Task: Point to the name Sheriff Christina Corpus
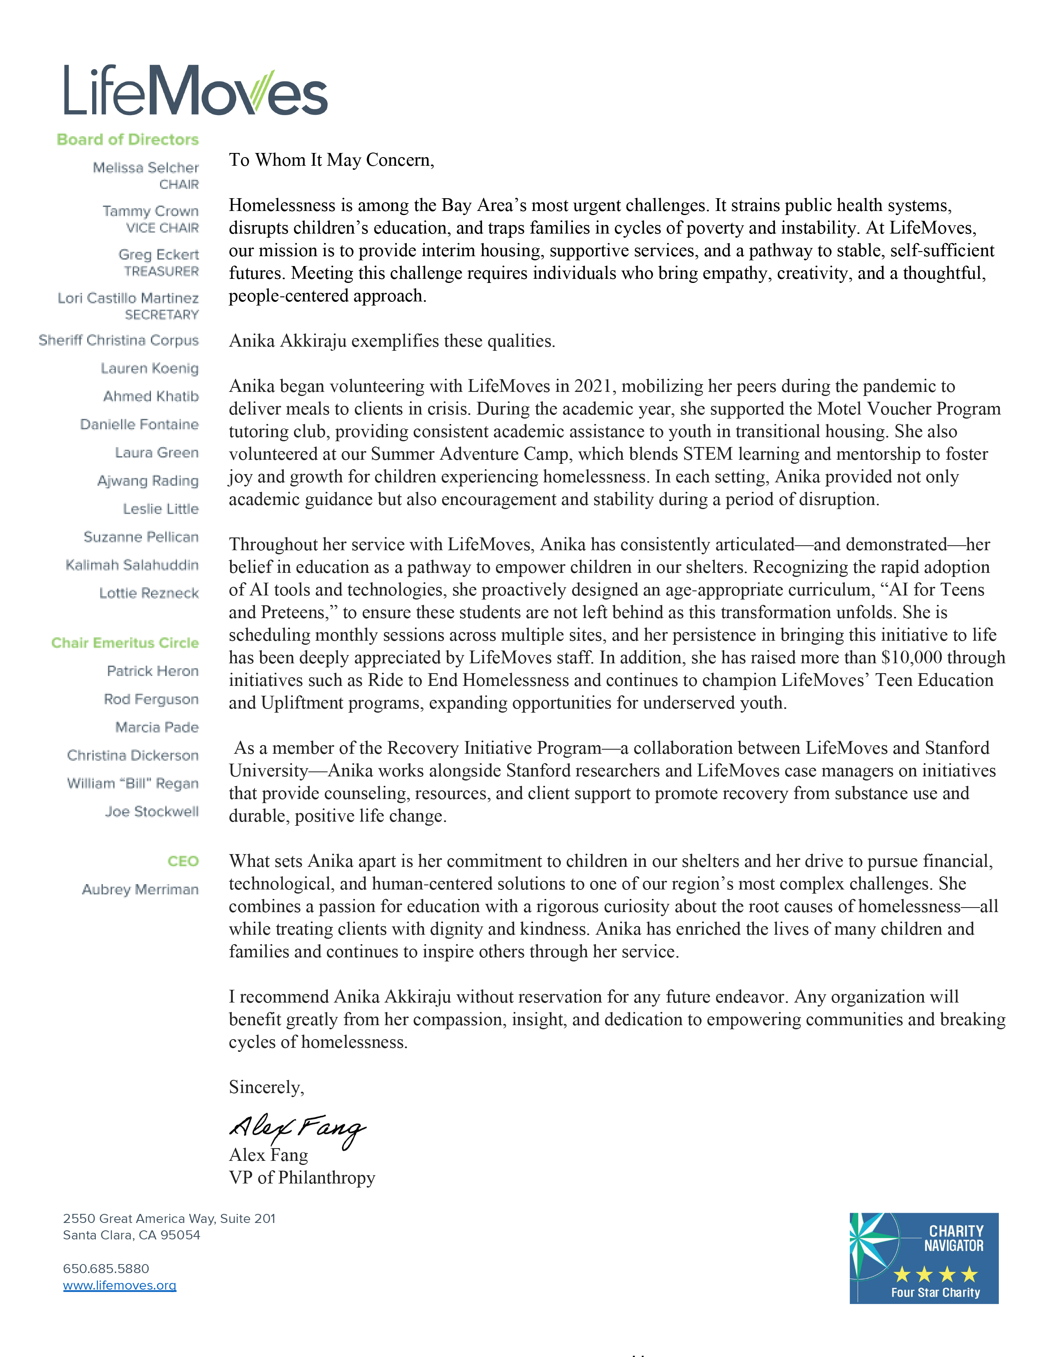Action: [x=118, y=340]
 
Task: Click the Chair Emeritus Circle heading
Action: [x=125, y=643]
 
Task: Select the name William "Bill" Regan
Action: [x=132, y=783]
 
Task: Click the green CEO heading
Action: [x=183, y=861]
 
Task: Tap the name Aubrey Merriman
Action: [x=140, y=890]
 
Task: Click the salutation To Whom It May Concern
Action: [x=331, y=160]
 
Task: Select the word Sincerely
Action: [x=266, y=1087]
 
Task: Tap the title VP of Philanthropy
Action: [x=302, y=1178]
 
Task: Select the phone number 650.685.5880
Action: [x=106, y=1269]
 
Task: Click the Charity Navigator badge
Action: [x=924, y=1258]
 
